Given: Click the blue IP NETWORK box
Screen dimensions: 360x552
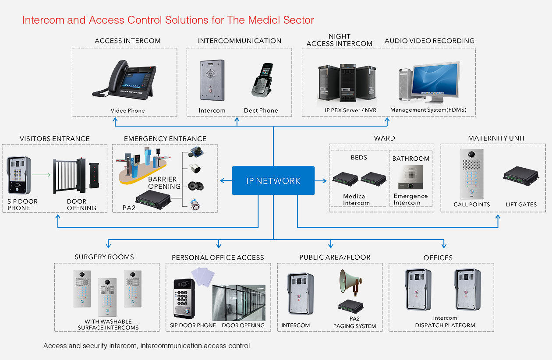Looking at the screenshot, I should coord(273,180).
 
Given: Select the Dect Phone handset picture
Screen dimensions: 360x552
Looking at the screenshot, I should coord(262,81).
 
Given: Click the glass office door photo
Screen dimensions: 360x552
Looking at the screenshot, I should coord(239,302).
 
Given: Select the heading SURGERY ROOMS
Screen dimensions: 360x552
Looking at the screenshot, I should coord(104,257).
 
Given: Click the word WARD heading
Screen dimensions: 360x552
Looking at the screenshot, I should coord(384,138).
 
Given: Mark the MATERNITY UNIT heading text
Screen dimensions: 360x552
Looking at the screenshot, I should coord(496,138).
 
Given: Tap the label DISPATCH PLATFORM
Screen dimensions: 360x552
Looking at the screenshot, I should coord(445,325).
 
